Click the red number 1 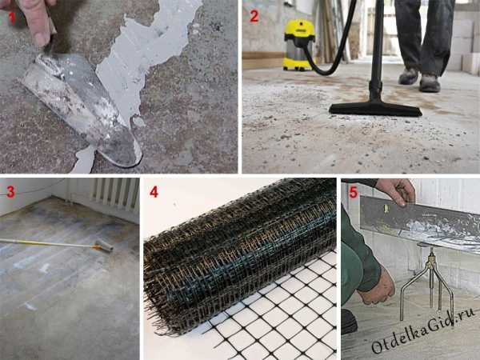pyautogui.click(x=12, y=18)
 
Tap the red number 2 pyautogui.click(x=254, y=16)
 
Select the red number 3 pyautogui.click(x=10, y=192)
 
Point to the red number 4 pyautogui.click(x=154, y=192)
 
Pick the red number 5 pyautogui.click(x=354, y=193)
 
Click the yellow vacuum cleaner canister pyautogui.click(x=298, y=45)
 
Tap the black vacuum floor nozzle pyautogui.click(x=376, y=110)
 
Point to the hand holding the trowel pyautogui.click(x=36, y=18)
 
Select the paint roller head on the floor pyautogui.click(x=103, y=246)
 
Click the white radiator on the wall pyautogui.click(x=115, y=194)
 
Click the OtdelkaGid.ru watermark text pyautogui.click(x=423, y=331)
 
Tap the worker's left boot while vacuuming pyautogui.click(x=430, y=83)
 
